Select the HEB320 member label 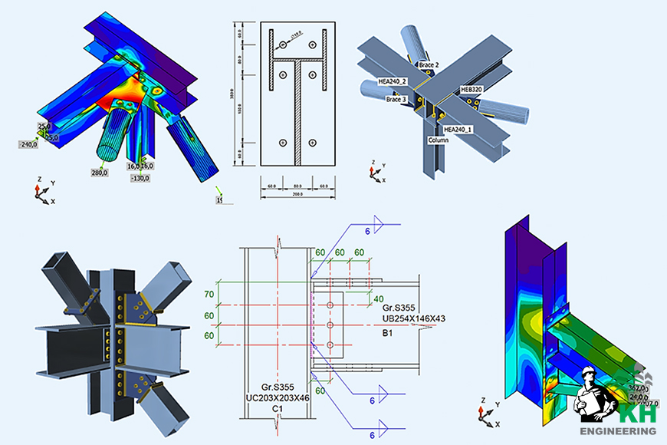click(472, 90)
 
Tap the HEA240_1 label click(459, 130)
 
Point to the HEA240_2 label click(393, 81)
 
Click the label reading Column click(439, 141)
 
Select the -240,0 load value click(30, 143)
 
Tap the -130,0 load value click(140, 178)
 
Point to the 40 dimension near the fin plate click(378, 298)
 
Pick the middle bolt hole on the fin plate click(330, 325)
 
